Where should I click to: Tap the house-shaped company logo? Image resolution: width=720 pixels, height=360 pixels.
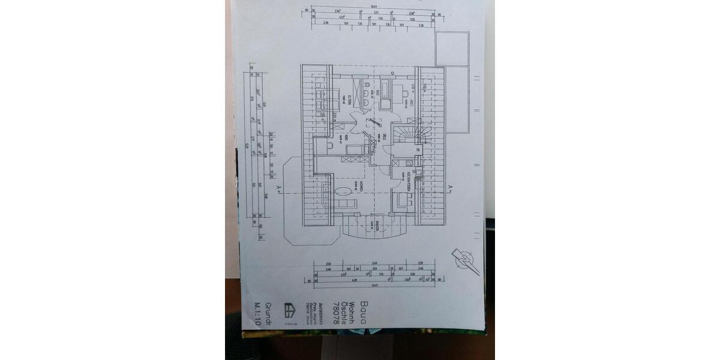289,310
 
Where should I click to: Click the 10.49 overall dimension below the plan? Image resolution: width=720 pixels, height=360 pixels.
376,286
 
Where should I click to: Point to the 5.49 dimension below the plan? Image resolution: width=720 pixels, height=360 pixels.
374,263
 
